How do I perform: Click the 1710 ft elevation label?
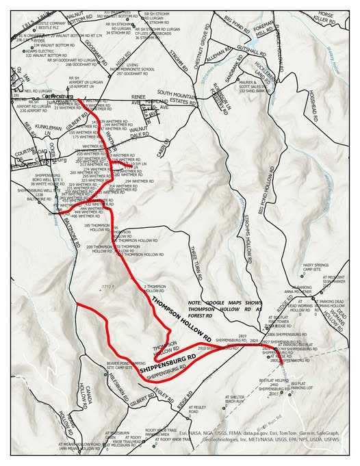pyautogui.click(x=107, y=285)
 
